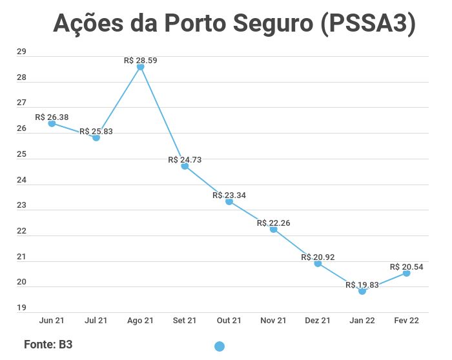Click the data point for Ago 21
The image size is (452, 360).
coord(140,67)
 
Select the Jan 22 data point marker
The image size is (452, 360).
coord(362,291)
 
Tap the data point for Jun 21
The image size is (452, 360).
coord(52,123)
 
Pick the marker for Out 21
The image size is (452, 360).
coord(229,201)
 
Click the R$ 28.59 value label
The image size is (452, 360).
coord(141,60)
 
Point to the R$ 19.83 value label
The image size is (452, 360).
coord(362,285)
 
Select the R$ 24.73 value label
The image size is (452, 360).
coord(185,159)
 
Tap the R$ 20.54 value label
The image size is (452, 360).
coord(407,266)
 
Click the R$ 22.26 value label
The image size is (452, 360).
coord(274,223)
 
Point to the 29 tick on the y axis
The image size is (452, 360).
coord(21,52)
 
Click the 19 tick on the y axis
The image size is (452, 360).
coord(21,308)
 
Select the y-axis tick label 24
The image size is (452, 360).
coord(21,180)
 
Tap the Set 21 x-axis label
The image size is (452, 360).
coord(185,321)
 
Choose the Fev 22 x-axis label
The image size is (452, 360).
coord(407,321)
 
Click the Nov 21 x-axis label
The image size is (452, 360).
coord(274,321)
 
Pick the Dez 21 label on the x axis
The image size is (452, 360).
coord(318,321)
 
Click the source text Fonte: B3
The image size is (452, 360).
coord(48,345)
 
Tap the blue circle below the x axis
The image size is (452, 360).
coord(220,346)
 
